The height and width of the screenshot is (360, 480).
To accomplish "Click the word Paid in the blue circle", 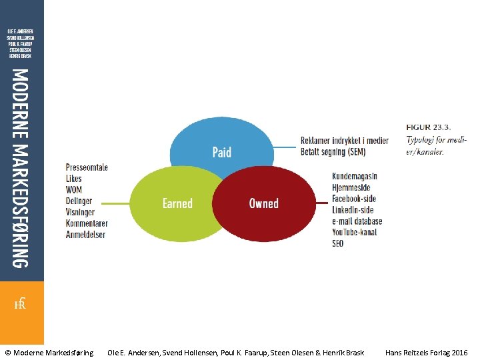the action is (222, 152).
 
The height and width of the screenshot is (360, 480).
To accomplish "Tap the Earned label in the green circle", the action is (177, 203).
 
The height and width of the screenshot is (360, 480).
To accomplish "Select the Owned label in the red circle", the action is (263, 203).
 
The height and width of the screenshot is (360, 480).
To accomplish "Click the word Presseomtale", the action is (87, 167).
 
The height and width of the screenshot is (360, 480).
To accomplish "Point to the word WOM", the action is (74, 190).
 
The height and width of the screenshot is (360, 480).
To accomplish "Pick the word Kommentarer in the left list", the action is (87, 223).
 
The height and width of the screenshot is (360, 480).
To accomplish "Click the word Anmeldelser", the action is (86, 235).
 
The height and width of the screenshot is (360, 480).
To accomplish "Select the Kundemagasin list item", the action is (354, 176).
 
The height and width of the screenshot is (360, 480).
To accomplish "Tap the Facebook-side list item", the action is (353, 199).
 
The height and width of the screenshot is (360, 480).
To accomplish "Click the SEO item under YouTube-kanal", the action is (338, 243).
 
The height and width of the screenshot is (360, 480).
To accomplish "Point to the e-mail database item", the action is (357, 221).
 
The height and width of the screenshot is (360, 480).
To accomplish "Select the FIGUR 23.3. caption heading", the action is (428, 127).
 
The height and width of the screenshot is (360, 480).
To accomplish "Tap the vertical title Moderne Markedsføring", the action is (21, 168).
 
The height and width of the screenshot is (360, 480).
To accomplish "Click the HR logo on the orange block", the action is (20, 304).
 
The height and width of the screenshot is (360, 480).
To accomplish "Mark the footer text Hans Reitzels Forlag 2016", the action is (426, 352).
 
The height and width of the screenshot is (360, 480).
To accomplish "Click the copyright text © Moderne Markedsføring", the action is (49, 352).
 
